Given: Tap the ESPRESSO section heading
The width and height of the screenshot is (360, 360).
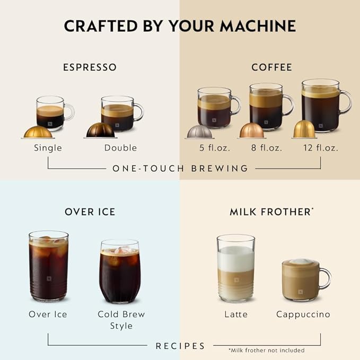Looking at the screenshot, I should [90, 67].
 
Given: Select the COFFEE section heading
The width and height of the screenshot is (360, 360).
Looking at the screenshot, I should [271, 67].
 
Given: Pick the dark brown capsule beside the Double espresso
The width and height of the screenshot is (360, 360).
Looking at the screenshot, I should [100, 130].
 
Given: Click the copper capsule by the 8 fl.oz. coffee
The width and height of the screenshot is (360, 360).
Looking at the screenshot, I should [251, 130].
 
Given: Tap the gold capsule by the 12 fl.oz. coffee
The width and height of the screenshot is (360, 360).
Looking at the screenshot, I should [304, 129].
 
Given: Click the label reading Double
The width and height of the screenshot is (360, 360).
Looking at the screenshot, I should [120, 148].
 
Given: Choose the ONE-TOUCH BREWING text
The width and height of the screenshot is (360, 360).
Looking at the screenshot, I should [180, 169].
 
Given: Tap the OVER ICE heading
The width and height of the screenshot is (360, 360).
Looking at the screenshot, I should [90, 212].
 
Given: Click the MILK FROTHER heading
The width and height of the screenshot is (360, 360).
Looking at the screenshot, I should [270, 212].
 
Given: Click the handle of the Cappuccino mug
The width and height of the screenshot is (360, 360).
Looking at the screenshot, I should [325, 278].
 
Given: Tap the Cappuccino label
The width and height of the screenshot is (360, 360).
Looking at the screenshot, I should [303, 314].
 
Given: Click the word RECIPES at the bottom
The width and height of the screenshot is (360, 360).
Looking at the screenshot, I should [180, 346].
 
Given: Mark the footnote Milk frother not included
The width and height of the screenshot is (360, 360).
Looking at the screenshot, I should [267, 350].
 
